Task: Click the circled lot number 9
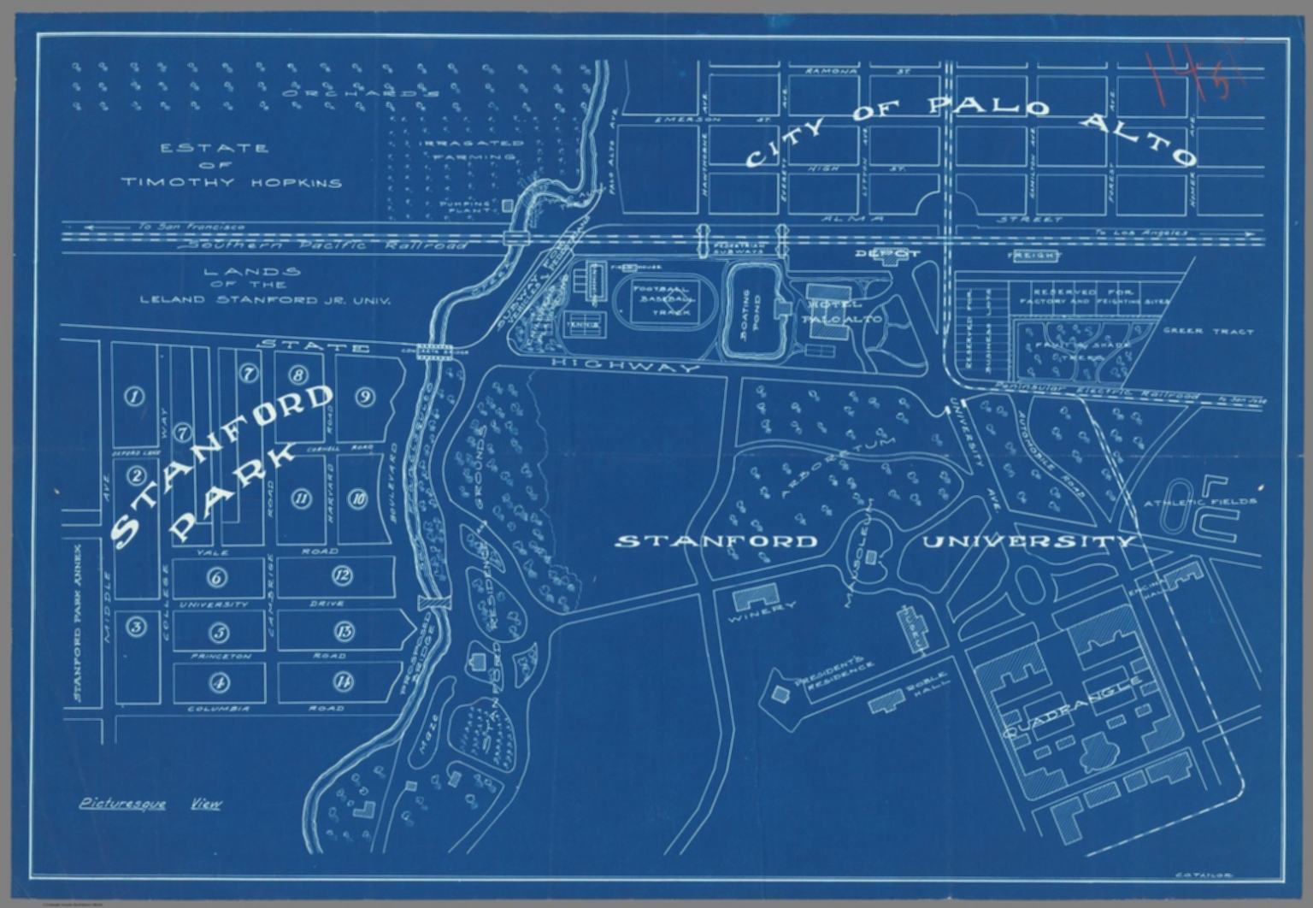366,397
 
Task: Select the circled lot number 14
343,681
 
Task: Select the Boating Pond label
753,314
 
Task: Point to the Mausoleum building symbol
870,557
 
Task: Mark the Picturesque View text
150,804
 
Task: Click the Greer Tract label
1207,331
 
